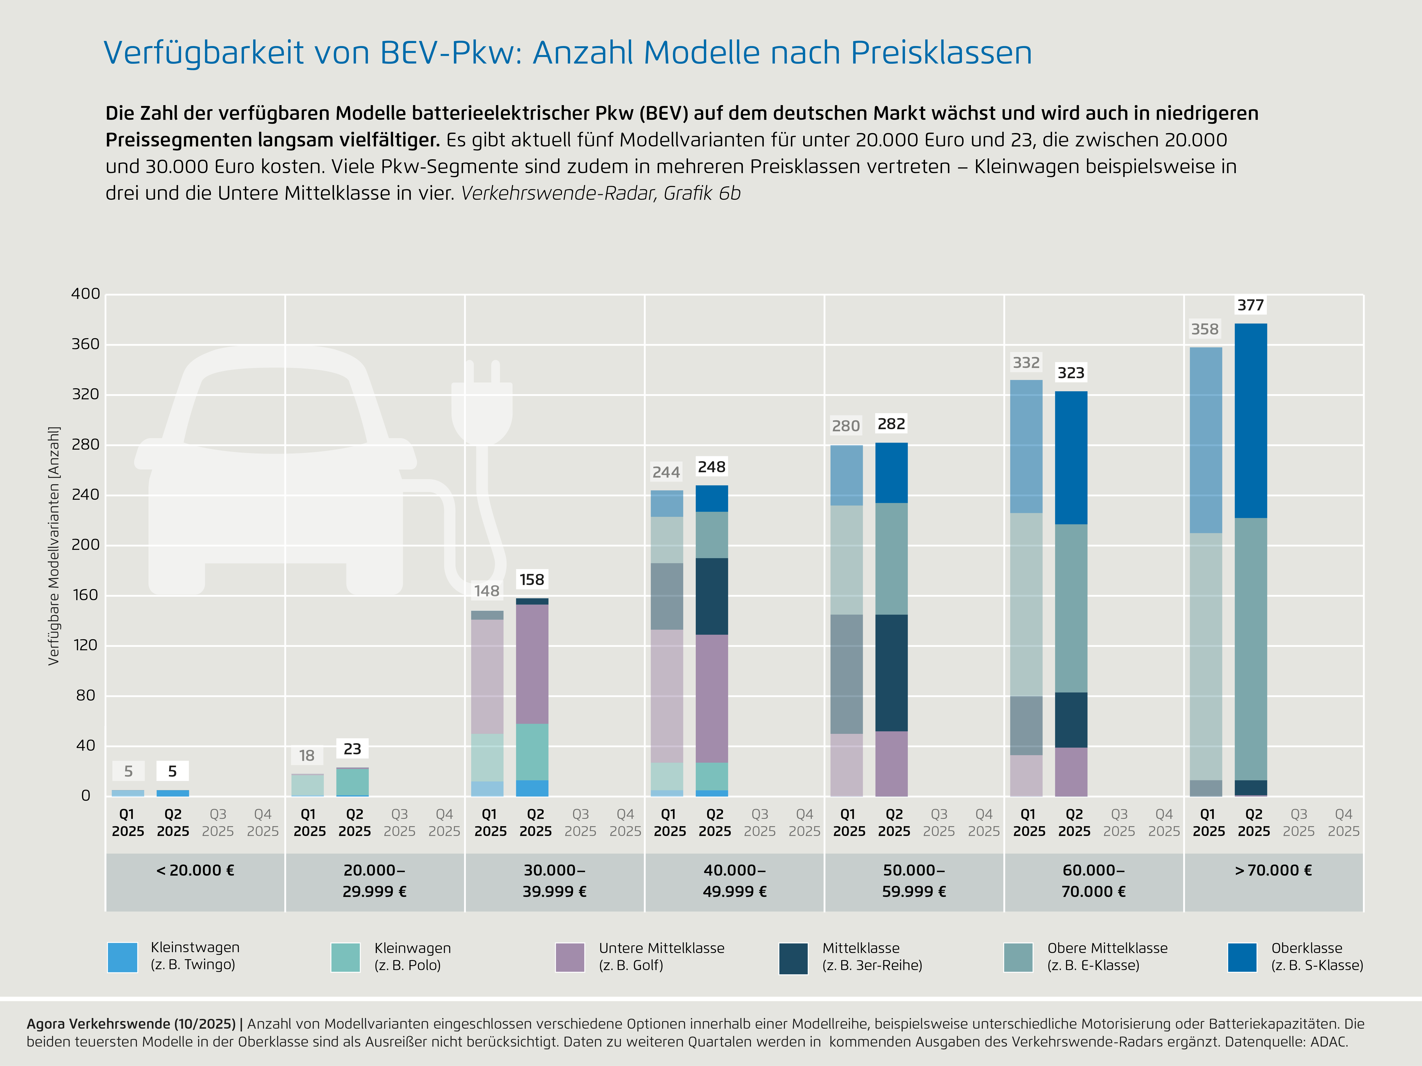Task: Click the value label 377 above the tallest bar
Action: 1250,305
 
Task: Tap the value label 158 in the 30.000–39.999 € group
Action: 532,580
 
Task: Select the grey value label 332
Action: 1026,363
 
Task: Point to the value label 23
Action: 352,749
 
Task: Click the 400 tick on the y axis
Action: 86,294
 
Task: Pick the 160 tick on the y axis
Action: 86,595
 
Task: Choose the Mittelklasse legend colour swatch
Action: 793,958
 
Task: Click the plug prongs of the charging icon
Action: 482,371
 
